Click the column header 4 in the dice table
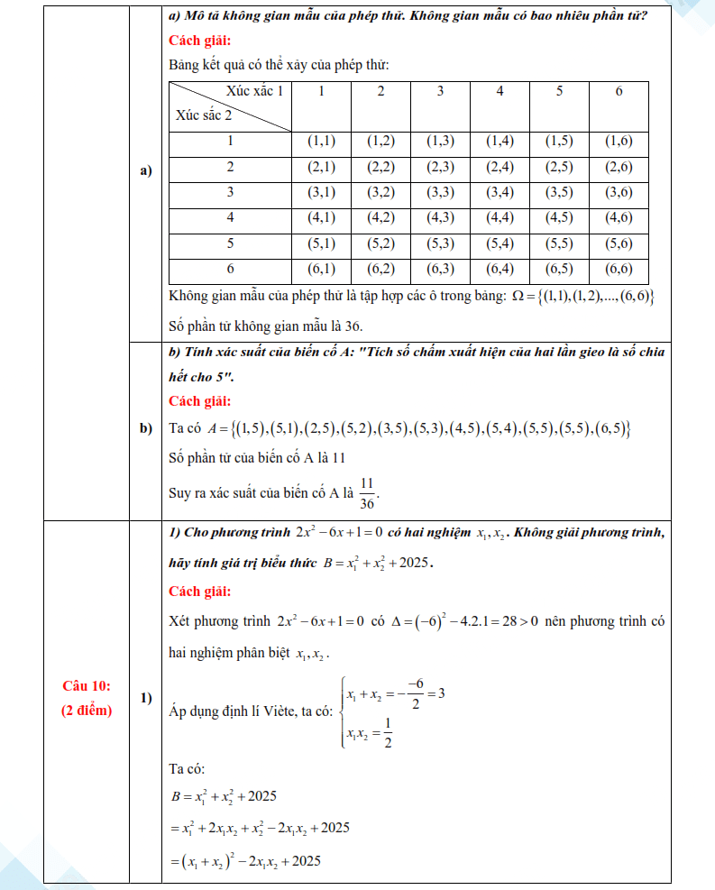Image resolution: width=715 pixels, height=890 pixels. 500,92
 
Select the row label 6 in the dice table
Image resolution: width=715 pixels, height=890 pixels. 231,269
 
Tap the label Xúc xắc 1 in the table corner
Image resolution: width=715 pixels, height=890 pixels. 255,90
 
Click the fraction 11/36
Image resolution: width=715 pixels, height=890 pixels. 367,492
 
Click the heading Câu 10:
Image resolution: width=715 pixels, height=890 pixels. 87,687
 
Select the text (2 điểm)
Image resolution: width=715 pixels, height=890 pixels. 87,711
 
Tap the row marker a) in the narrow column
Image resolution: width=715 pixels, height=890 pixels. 146,170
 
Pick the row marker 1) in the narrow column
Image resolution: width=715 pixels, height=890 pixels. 146,699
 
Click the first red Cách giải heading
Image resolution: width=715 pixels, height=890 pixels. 200,41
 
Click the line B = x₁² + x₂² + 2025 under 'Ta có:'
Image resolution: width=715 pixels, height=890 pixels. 223,796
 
